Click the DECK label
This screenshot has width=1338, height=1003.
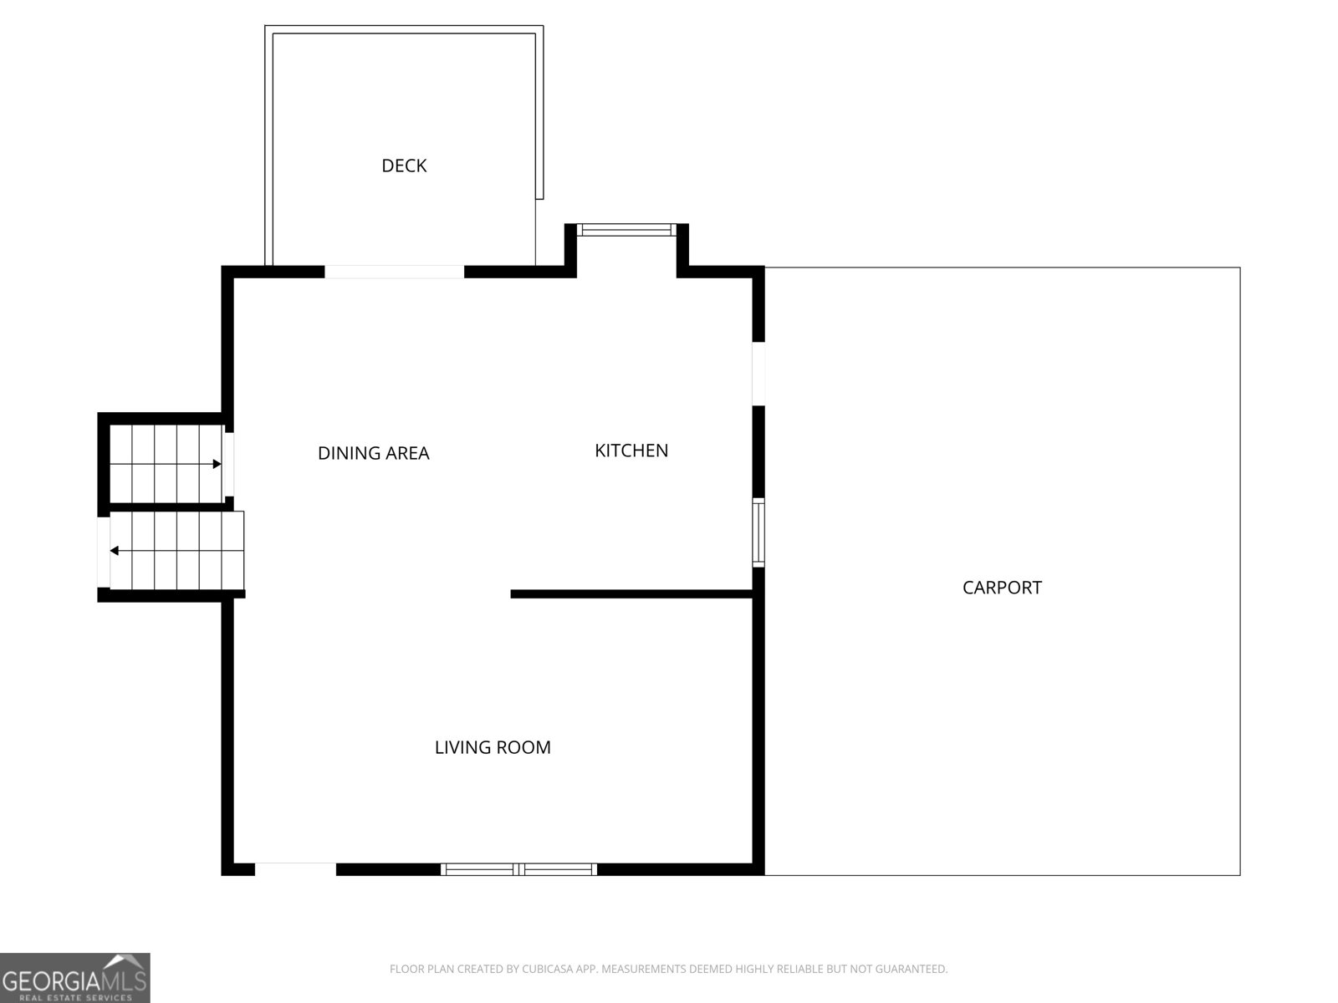pos(404,165)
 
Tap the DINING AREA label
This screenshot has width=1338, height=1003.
pos(373,453)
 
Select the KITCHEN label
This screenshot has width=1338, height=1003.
pos(631,451)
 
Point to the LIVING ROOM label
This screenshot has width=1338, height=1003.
pos(493,747)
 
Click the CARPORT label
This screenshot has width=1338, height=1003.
pos(1002,588)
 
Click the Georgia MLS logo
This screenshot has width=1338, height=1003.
pos(74,978)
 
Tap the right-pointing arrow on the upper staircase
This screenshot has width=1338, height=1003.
pos(217,464)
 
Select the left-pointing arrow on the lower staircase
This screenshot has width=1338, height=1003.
pos(115,551)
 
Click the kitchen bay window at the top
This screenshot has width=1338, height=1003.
pos(626,230)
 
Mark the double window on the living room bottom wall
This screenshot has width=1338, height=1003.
pos(518,869)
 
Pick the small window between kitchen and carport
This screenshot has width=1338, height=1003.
pos(758,532)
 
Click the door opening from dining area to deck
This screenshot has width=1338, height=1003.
pos(394,272)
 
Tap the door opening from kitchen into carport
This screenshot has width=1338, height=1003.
pos(758,374)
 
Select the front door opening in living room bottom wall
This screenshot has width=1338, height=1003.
pos(295,869)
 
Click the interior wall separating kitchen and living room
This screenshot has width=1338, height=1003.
pos(631,594)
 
